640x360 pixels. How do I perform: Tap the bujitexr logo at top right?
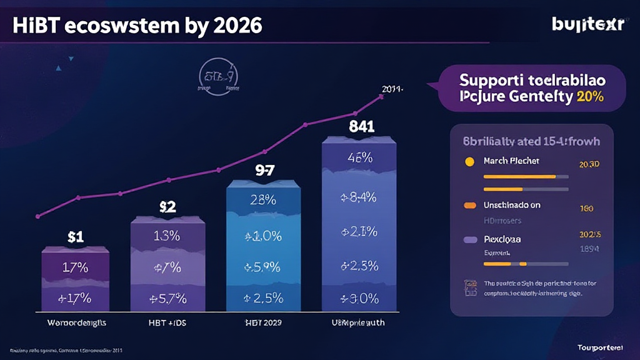[587, 25]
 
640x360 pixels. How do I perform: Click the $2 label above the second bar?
[167, 207]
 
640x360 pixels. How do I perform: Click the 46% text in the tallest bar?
[359, 157]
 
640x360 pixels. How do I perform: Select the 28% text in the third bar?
[263, 200]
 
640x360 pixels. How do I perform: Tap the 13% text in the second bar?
[167, 236]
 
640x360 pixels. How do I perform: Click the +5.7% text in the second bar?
[167, 298]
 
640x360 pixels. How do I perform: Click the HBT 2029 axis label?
[263, 323]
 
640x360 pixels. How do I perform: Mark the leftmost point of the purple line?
[38, 216]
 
